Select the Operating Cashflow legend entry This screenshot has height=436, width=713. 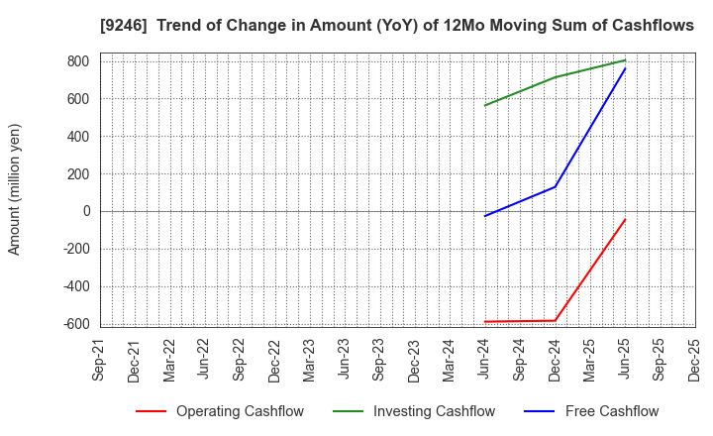[x=240, y=411]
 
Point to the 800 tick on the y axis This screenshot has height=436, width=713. [x=78, y=61]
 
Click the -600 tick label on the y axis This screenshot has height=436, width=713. [x=75, y=324]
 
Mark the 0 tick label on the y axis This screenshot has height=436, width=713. [x=86, y=211]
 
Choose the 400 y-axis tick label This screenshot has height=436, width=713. [x=78, y=137]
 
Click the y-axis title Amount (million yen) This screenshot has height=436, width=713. [x=15, y=189]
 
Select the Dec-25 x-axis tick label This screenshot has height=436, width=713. [x=694, y=359]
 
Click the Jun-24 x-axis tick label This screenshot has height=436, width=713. [x=485, y=359]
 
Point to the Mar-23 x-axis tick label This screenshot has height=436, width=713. [x=310, y=359]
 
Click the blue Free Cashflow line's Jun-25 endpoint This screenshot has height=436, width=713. [x=625, y=68]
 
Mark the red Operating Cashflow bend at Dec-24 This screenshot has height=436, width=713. [x=555, y=320]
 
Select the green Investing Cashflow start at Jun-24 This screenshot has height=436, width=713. [x=485, y=105]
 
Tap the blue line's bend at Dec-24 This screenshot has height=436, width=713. [x=555, y=186]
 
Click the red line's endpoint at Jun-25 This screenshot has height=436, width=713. [x=625, y=220]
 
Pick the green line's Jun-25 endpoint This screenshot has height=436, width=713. [x=625, y=60]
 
